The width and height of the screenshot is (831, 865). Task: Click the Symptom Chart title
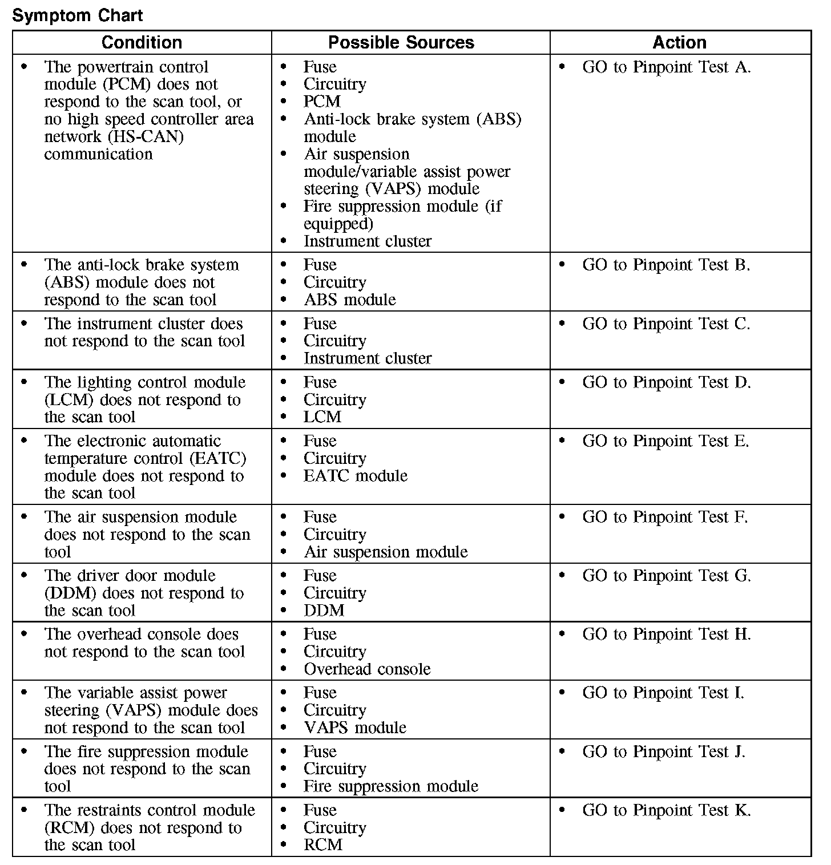coord(78,15)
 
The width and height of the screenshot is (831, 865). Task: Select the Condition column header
coord(142,42)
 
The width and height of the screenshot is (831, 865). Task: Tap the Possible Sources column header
coord(401,42)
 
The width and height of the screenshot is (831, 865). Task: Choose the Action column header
coord(679,42)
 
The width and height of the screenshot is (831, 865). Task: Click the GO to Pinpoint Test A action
coord(666,67)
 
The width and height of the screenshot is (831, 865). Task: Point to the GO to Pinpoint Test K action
coord(666,810)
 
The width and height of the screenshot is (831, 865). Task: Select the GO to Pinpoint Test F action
coord(665,517)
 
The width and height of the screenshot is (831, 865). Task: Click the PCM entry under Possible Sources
coord(322,102)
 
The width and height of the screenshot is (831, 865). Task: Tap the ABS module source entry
coord(349,300)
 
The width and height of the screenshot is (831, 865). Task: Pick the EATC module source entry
coord(355,476)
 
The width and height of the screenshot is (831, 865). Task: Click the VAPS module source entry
coord(354,727)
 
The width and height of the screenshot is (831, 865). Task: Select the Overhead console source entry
coord(366,669)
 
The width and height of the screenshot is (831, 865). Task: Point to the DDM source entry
coord(324,611)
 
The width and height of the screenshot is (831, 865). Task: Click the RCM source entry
coord(322,844)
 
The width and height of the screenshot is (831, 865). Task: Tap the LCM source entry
coord(322,417)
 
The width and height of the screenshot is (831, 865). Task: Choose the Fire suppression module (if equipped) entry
coord(402,215)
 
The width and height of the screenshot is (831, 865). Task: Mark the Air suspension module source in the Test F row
coord(385,552)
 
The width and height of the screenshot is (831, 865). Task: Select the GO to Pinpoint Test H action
coord(666,634)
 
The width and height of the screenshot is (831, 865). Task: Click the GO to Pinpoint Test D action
coord(666,382)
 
